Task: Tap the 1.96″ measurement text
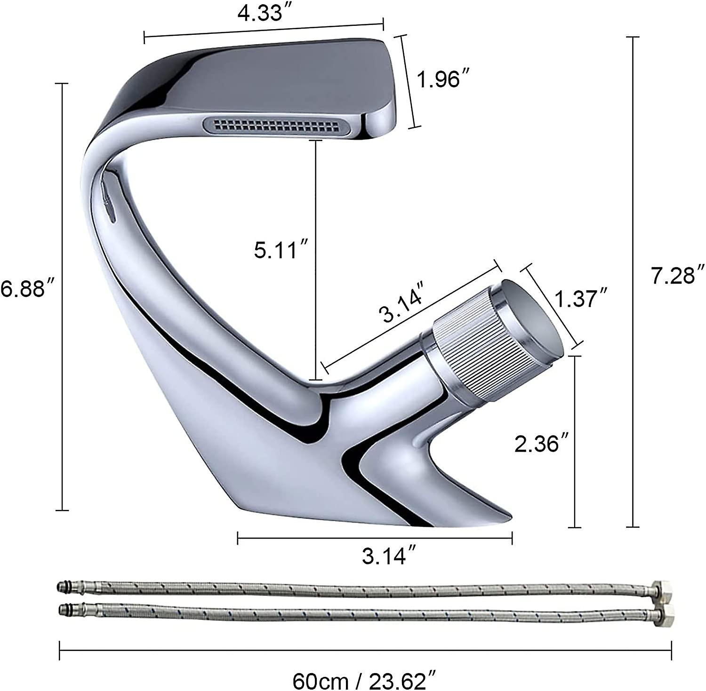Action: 439,79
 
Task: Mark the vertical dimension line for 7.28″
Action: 633,282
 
